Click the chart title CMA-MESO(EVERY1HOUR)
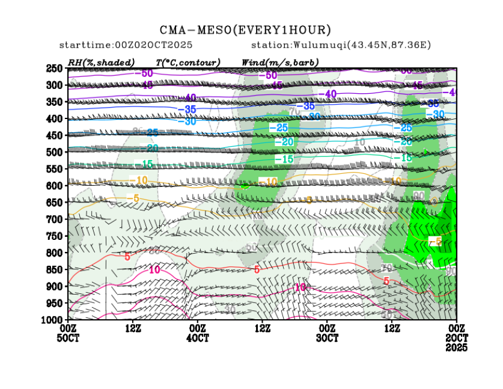tap(245, 29)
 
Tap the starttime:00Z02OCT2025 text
tap(125, 46)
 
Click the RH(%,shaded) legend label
tap(101, 63)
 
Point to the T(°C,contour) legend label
tap(187, 63)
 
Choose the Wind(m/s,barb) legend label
tap(279, 63)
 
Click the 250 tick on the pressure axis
tap(55, 69)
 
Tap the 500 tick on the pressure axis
tap(55, 152)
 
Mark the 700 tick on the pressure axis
tap(55, 219)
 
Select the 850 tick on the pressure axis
tap(55, 269)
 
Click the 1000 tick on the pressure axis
tap(53, 319)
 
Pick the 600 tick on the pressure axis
tap(55, 186)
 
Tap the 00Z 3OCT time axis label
tap(327, 333)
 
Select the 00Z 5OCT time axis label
tap(68, 333)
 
